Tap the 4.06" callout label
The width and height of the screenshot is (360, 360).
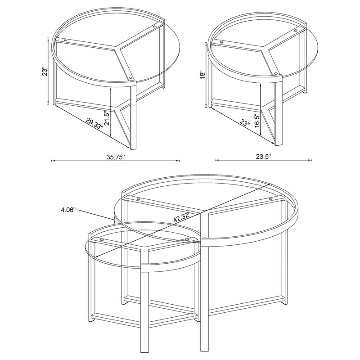[x=68, y=209]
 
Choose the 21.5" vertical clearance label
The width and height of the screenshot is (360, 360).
[x=107, y=119]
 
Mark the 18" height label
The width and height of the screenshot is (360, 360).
[x=203, y=75]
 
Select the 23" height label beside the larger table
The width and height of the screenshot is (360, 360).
[x=44, y=72]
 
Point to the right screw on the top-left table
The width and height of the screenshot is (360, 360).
[x=155, y=27]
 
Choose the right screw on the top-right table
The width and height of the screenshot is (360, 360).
[x=296, y=31]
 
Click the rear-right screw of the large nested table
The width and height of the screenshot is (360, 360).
[x=270, y=198]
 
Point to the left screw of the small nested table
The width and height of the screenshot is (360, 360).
[x=102, y=240]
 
